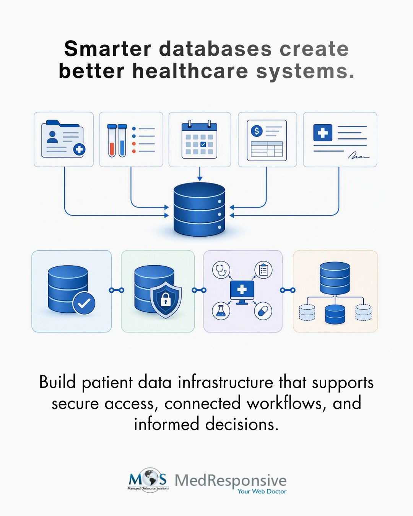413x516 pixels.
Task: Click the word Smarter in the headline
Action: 107,49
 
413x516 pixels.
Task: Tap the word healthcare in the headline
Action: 190,71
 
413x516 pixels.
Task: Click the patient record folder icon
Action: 63,139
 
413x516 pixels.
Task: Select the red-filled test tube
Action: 112,141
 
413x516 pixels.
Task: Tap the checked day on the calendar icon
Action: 203,144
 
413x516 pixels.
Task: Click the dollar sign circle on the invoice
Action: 257,131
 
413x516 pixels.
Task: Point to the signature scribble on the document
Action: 359,156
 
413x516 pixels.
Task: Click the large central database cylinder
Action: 199,209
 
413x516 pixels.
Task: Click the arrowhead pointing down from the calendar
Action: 200,178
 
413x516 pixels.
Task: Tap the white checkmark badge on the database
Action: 84,303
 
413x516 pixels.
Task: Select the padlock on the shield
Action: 165,300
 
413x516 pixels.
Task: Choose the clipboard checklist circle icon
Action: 263,270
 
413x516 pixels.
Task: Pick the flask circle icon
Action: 221,311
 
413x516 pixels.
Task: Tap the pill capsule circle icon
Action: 263,311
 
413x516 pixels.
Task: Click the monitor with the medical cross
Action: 242,292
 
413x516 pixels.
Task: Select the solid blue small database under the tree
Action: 335,314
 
